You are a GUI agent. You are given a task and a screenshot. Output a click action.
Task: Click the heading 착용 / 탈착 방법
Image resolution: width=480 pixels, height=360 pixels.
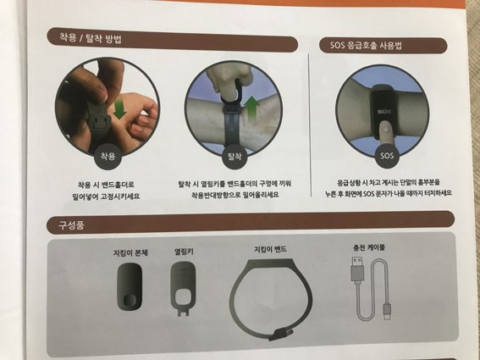[90, 39]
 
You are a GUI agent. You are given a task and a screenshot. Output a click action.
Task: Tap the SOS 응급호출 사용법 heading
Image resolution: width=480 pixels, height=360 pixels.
[366, 46]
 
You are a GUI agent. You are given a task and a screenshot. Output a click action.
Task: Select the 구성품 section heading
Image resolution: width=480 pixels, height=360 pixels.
[71, 225]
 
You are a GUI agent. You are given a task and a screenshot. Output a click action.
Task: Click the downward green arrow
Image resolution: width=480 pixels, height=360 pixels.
[119, 109]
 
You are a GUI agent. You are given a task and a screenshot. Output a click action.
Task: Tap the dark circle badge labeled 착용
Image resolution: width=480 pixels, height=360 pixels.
[108, 157]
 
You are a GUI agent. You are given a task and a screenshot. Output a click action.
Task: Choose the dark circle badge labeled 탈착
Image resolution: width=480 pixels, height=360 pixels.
[234, 157]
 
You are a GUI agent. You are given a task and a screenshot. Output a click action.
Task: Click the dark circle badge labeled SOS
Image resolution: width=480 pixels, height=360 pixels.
[387, 155]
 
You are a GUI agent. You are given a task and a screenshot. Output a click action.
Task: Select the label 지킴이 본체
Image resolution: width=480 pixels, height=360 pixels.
[130, 253]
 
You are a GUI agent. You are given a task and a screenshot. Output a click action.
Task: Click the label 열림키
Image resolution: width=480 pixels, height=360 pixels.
[184, 252]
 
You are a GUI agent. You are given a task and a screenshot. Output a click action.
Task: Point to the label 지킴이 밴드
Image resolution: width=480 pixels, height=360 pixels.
[270, 249]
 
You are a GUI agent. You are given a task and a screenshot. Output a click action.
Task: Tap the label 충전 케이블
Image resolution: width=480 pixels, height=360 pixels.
[368, 247]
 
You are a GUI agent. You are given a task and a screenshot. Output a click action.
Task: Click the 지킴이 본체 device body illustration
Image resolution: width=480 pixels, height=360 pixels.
[130, 286]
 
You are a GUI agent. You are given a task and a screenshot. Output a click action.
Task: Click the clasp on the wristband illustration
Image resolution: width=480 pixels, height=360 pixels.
[281, 334]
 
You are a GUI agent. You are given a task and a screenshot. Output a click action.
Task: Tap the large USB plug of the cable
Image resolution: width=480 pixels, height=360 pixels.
[357, 269]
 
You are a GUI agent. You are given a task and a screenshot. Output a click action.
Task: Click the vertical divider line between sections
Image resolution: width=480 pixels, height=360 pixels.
[310, 125]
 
